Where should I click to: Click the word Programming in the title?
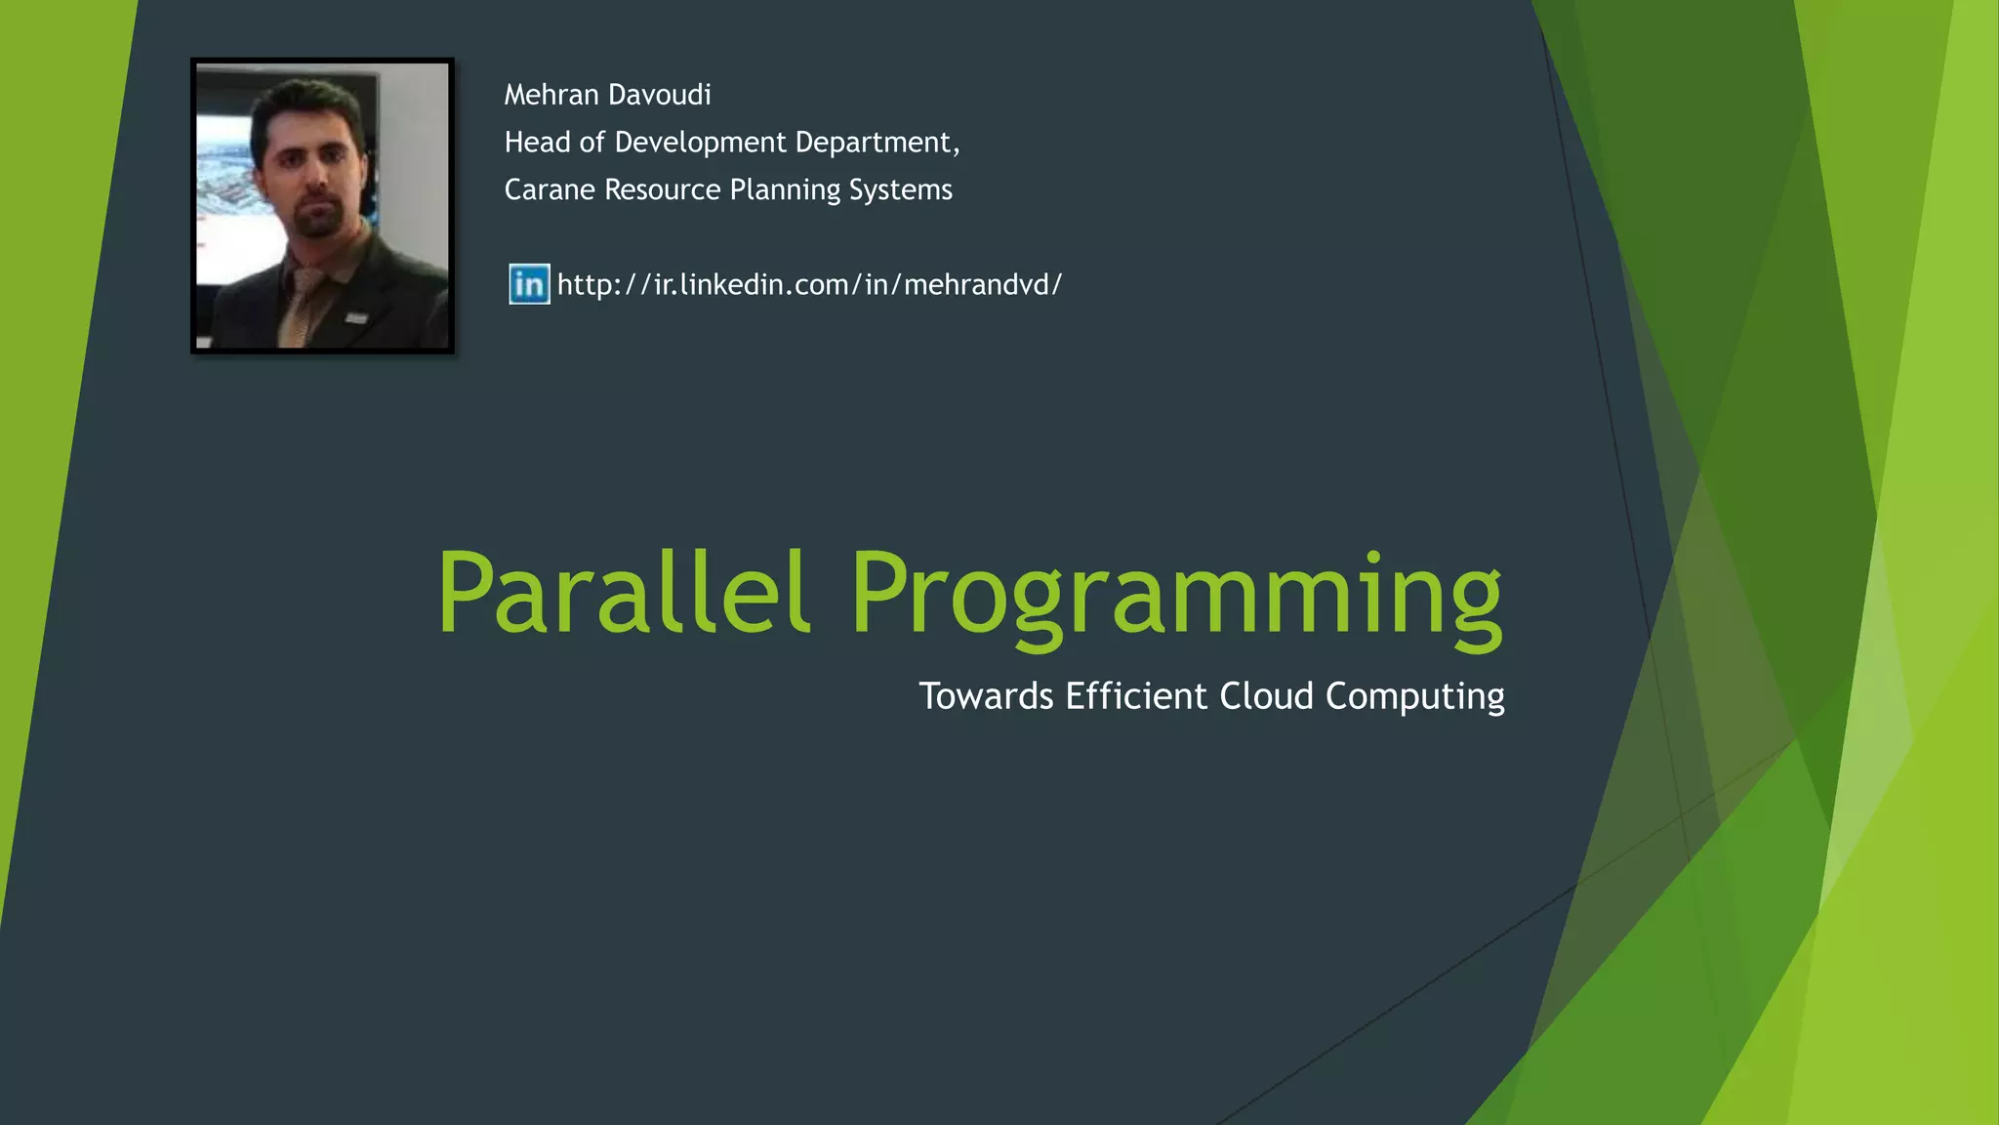coord(1175,596)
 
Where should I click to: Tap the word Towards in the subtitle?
coord(986,696)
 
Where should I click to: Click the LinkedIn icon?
coord(529,284)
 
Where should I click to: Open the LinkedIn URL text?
coord(809,285)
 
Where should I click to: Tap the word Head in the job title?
coord(535,143)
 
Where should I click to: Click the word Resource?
coord(662,189)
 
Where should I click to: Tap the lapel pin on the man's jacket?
coord(356,316)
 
